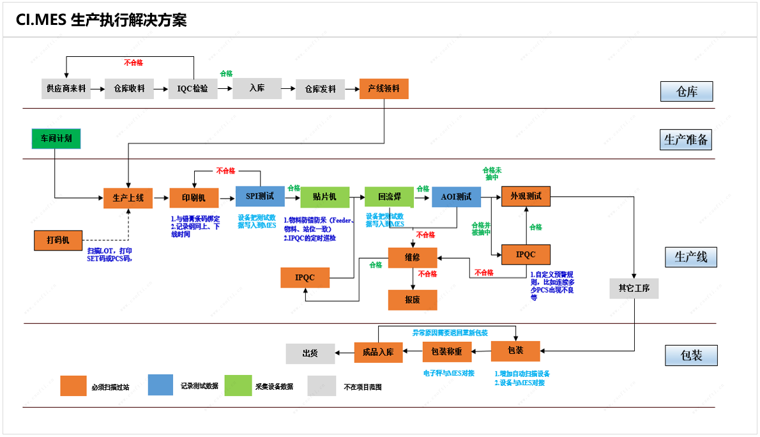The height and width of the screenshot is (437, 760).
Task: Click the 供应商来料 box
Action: [66, 89]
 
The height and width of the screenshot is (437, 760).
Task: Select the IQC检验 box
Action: [193, 89]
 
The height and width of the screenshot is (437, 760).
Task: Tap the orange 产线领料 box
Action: [384, 89]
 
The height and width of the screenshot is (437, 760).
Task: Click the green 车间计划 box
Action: [56, 139]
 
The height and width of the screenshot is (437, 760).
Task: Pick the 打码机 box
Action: [59, 241]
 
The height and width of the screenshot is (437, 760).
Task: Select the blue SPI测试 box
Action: [260, 197]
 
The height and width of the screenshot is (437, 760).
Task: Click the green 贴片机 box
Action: [325, 197]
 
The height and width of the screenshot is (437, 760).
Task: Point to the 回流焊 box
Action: [389, 197]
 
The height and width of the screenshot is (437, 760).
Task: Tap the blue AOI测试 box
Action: [456, 197]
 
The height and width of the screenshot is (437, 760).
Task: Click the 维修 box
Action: [413, 257]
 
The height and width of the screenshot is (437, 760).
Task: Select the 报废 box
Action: [413, 300]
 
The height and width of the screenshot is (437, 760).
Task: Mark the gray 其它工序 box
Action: [634, 288]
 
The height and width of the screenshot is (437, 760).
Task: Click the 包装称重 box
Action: [447, 352]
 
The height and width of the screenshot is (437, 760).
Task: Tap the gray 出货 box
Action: [310, 353]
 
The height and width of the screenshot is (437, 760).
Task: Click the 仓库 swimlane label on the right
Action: [686, 92]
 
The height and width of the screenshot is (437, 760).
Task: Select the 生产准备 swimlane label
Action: [686, 140]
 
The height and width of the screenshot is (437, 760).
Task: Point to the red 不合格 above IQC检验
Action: [133, 63]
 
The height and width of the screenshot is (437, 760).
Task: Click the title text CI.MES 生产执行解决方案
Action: [102, 20]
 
